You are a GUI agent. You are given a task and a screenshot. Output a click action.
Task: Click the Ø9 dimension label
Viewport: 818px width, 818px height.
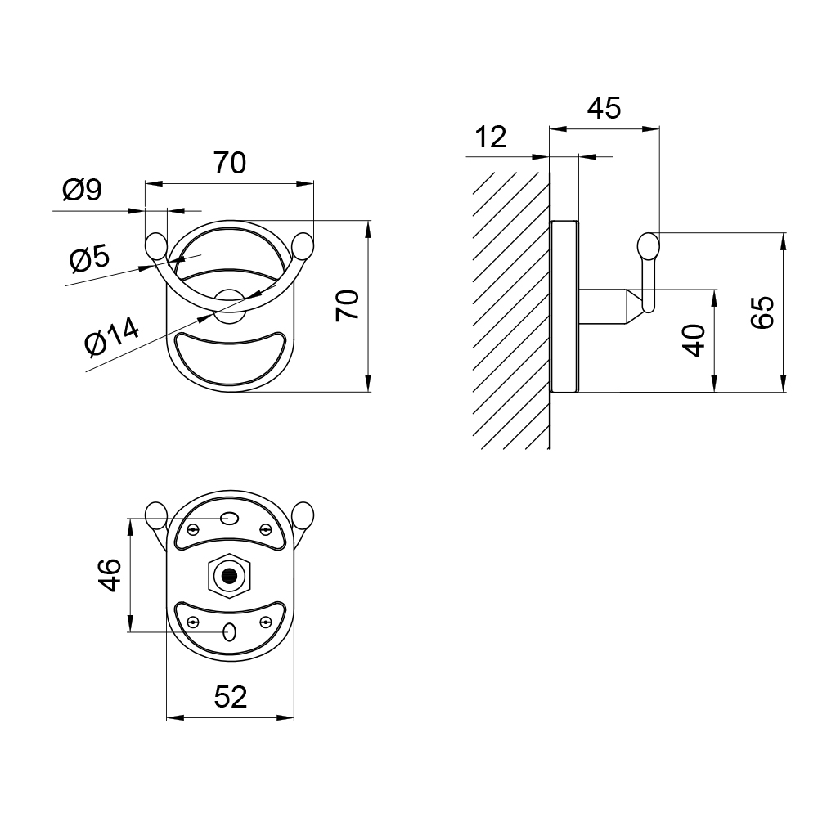click(x=82, y=190)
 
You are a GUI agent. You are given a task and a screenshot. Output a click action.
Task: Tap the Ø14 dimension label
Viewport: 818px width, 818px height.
click(x=111, y=336)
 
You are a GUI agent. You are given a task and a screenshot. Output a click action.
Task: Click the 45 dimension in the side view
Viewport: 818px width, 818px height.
click(x=605, y=108)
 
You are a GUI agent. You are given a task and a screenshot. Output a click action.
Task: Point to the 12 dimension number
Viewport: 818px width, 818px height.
click(x=490, y=137)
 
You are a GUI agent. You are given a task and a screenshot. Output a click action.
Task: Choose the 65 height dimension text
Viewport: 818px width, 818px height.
click(x=762, y=312)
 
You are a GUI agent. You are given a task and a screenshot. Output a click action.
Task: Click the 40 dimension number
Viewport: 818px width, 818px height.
click(x=694, y=340)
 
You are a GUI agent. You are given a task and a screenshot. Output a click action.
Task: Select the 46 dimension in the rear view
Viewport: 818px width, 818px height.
click(x=110, y=575)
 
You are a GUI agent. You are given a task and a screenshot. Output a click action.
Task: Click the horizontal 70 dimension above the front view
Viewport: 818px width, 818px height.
click(x=230, y=163)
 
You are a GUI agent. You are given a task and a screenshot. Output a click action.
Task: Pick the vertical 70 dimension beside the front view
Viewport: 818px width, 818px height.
click(x=348, y=306)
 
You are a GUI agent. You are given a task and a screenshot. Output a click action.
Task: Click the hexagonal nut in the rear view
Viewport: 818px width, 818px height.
click(x=229, y=576)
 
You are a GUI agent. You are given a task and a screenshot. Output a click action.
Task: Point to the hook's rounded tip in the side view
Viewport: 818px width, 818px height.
click(x=649, y=246)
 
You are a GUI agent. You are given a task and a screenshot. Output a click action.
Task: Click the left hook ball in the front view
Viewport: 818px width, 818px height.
click(x=155, y=246)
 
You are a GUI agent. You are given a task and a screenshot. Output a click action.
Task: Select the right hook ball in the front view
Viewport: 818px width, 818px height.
click(x=303, y=246)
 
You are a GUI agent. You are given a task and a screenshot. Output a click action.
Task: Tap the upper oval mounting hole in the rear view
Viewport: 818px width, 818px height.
click(x=229, y=518)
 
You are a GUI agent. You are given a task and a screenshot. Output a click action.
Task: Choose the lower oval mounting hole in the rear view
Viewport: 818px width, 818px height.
click(x=229, y=632)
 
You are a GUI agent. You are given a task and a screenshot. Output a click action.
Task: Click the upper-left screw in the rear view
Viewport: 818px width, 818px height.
click(x=193, y=530)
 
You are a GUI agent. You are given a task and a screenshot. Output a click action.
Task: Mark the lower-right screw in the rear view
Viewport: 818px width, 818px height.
click(x=266, y=622)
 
